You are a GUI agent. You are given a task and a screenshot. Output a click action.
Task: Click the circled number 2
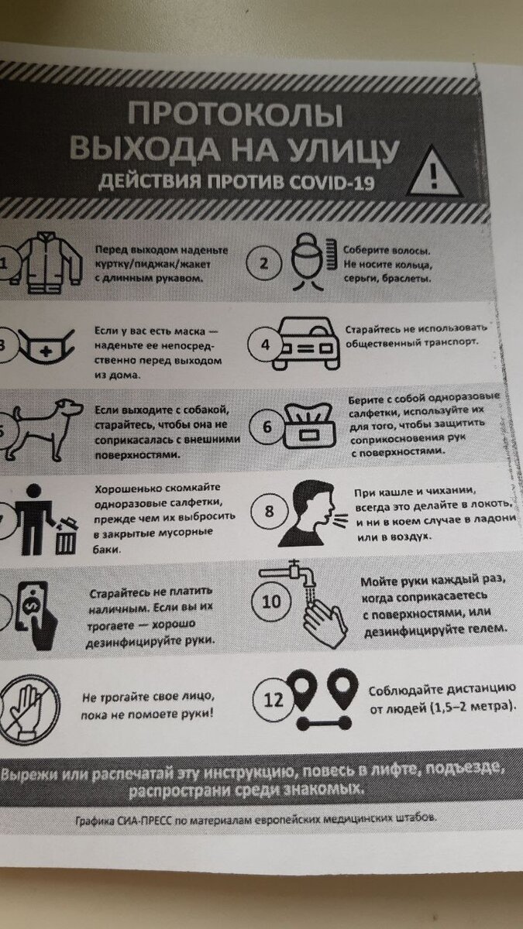pyautogui.click(x=263, y=262)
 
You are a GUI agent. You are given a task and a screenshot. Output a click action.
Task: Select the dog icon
pyautogui.click(x=46, y=428)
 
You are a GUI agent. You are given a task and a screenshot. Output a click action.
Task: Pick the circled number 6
pyautogui.click(x=267, y=427)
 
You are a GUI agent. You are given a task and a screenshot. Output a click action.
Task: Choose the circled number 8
pyautogui.click(x=269, y=511)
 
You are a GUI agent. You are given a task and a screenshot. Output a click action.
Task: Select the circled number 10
pyautogui.click(x=273, y=602)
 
